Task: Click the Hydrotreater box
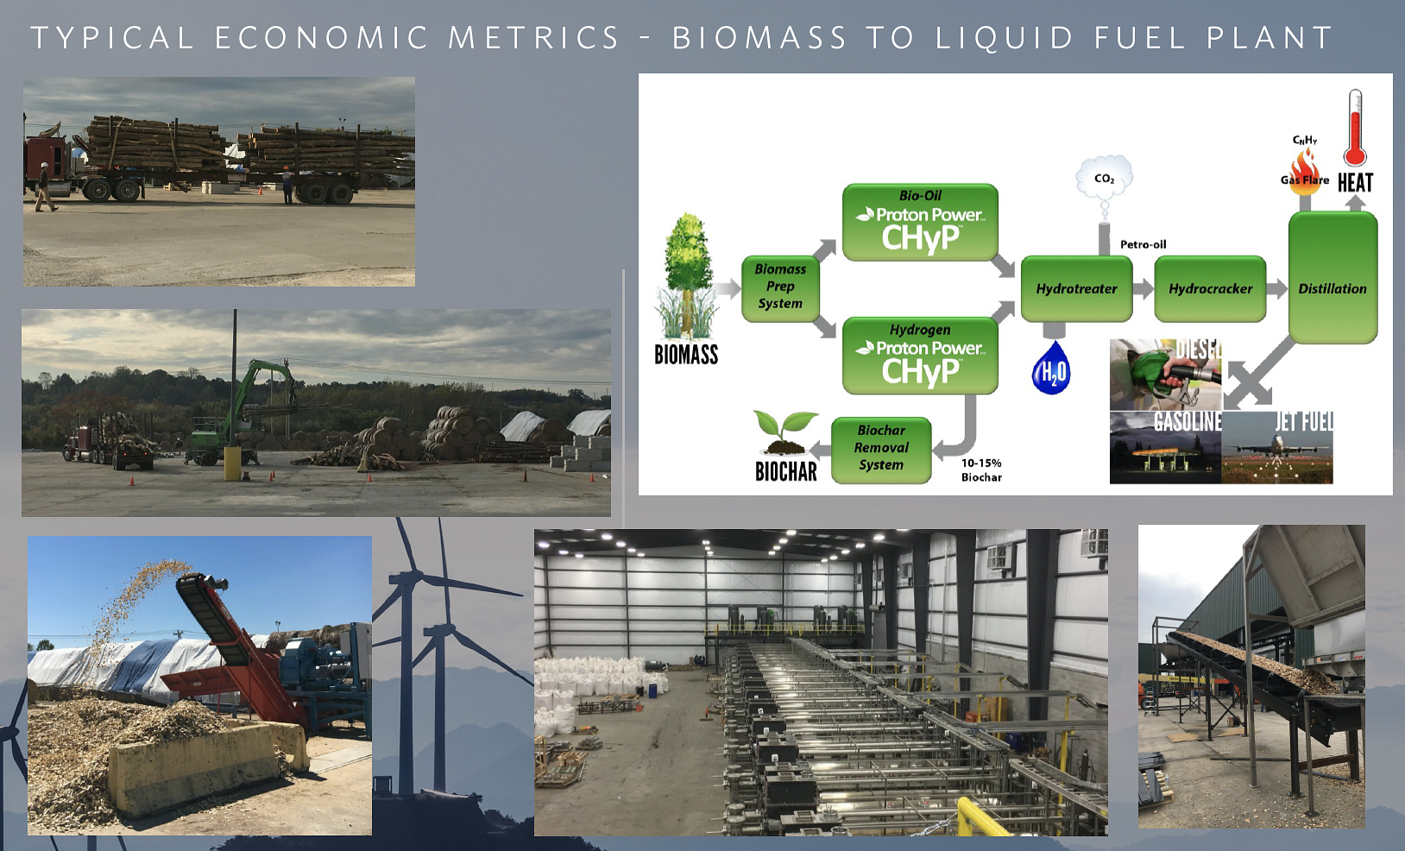coord(1076,289)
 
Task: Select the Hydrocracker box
coord(1210,289)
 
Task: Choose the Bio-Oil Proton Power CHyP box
coord(920,222)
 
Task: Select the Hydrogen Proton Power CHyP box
coord(920,356)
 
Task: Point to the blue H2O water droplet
coord(1051,369)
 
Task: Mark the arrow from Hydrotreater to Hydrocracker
coord(1144,289)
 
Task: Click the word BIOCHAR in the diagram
coord(785,471)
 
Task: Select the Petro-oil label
coord(1143,244)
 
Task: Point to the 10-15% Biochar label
coord(982,470)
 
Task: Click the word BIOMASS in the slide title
coord(759,38)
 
